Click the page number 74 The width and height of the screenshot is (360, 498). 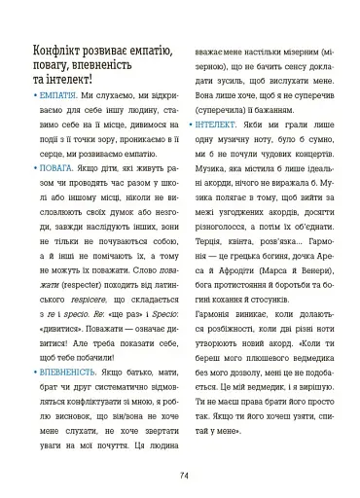coord(183,475)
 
